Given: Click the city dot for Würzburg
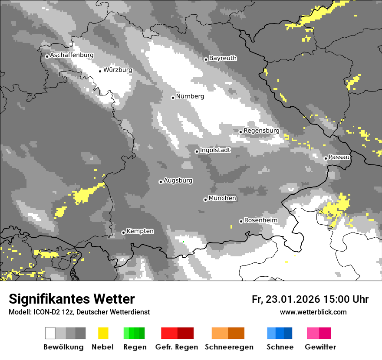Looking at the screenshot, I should click(100, 71).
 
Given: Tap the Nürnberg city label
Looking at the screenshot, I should click(190, 96).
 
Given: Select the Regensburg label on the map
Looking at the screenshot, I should click(261, 131).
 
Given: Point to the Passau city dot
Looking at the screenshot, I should click(326, 158).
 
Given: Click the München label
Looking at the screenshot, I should click(222, 198).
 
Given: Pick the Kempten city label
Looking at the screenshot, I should click(140, 231).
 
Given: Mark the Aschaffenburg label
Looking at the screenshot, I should click(72, 55).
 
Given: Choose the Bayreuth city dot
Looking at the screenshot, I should click(206, 59).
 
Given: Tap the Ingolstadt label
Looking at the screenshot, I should click(215, 150).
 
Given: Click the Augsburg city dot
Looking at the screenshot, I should click(161, 182).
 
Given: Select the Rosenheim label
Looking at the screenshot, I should click(260, 220).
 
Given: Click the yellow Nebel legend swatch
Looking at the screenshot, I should click(103, 333).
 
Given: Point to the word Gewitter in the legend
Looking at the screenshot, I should click(320, 347).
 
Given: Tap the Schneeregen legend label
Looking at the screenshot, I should click(229, 347).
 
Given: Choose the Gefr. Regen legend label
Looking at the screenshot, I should click(177, 347).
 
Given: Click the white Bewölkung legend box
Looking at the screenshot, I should click(50, 333).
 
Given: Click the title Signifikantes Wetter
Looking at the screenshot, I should click(72, 299).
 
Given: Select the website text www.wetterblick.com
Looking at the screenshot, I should click(313, 312).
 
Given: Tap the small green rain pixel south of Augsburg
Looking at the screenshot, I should click(183, 242).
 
